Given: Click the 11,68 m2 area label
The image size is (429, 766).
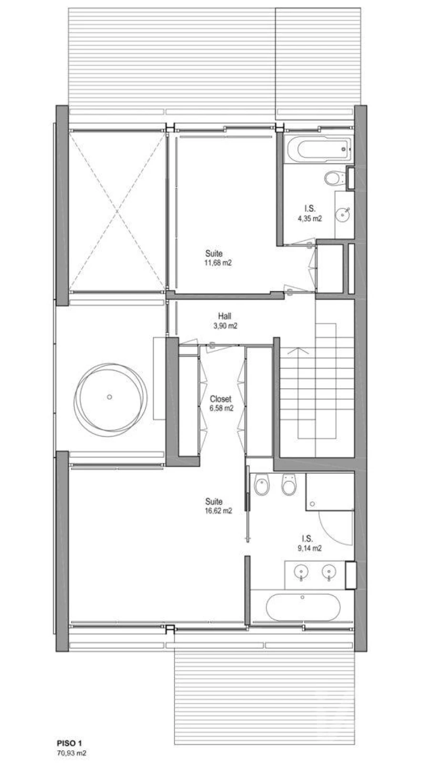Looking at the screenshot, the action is tap(218, 263).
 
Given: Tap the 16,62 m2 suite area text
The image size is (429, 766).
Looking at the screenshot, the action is tap(218, 511).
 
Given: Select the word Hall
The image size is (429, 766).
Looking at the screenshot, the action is tap(225, 316).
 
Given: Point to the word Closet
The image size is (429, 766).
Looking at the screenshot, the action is tap(221, 399).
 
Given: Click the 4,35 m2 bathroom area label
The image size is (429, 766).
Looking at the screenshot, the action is tap(310, 218).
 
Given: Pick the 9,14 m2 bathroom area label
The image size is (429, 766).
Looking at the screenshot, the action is tap(310, 548).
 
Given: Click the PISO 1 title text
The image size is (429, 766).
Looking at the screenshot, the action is tap(70, 743).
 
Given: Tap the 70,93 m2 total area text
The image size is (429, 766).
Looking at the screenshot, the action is tap(71, 753).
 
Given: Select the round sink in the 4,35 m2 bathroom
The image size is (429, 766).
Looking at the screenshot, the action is tap(343, 215).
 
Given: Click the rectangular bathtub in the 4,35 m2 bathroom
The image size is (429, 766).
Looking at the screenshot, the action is tap(319, 149).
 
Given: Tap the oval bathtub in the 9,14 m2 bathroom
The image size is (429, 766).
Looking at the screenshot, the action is tap(303, 607).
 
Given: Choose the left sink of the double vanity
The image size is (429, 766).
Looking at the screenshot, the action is tap(301, 571).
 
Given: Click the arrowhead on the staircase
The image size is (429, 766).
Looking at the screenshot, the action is tap(298, 351).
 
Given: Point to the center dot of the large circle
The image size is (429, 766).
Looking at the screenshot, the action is tap(109, 397).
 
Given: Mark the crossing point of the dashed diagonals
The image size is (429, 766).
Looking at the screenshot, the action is tap(117, 212).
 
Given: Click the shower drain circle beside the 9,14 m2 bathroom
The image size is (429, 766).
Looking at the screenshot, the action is tap(312, 504).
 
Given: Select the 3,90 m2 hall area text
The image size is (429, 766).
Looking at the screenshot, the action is tap(225, 326).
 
